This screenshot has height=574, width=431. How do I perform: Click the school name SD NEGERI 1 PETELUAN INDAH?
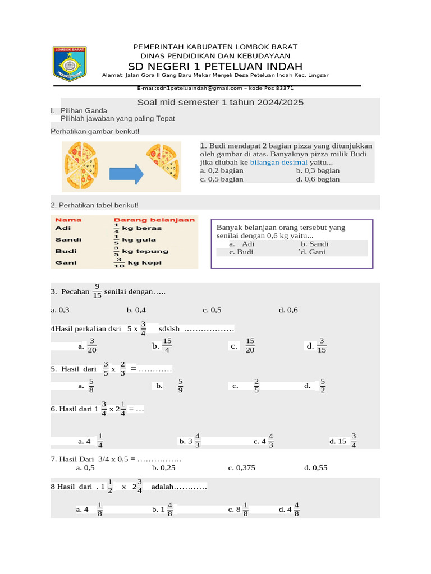tap(215, 66)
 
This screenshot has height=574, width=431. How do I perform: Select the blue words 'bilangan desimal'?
tap(278, 162)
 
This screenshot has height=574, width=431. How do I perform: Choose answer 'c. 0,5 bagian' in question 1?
tap(222, 179)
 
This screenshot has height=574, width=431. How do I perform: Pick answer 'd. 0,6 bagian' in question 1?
tap(318, 179)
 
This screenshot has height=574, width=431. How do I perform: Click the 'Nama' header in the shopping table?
tap(68, 220)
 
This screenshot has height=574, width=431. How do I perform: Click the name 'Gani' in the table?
tap(63, 262)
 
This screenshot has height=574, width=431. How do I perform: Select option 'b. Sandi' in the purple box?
tap(314, 244)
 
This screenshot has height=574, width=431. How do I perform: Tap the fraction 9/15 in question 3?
tap(97, 291)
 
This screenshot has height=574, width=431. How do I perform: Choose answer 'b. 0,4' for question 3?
tap(136, 309)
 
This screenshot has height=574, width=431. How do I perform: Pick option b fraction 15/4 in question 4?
tap(167, 345)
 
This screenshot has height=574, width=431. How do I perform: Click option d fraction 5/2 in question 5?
tap(323, 386)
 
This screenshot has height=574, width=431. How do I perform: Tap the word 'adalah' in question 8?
tap(163, 487)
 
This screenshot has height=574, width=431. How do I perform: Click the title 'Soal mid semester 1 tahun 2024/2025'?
tap(221, 103)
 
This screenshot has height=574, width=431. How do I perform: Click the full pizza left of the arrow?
tap(82, 166)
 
